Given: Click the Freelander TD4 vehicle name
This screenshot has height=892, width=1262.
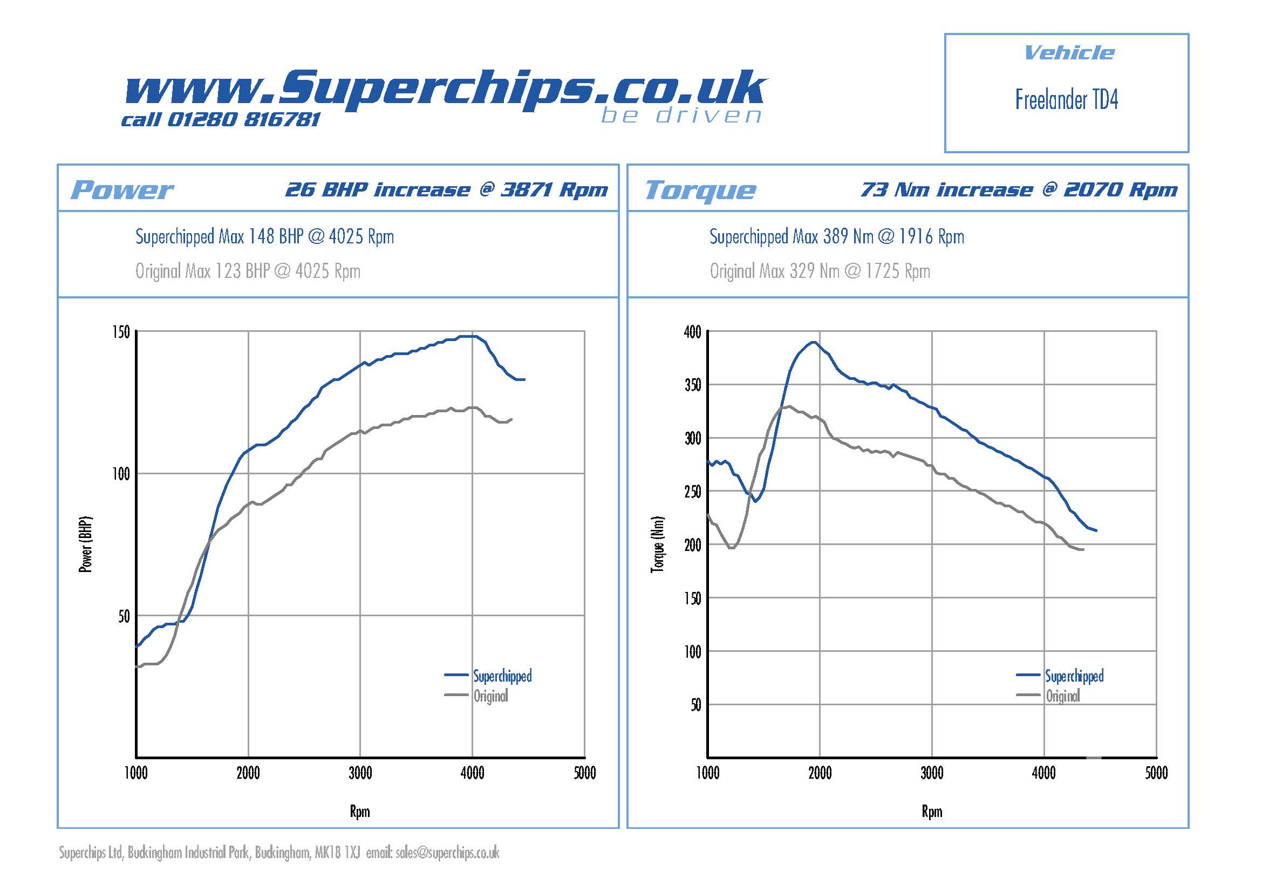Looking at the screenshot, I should pyautogui.click(x=1066, y=100).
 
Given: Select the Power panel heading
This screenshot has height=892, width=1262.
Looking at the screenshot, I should pyautogui.click(x=122, y=190).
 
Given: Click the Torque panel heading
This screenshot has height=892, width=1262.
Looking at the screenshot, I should pyautogui.click(x=700, y=190).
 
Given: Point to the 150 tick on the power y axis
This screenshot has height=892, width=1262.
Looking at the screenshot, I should pyautogui.click(x=121, y=332).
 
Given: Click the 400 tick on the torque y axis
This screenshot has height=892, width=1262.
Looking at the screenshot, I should pyautogui.click(x=693, y=332).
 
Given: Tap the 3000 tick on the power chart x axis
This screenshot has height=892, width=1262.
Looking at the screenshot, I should pyautogui.click(x=360, y=773).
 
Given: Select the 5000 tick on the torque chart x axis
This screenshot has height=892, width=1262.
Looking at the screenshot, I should pyautogui.click(x=1156, y=773).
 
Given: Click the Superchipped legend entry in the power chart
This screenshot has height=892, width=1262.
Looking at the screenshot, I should pyautogui.click(x=502, y=676).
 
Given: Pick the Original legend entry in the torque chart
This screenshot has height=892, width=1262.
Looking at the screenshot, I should pyautogui.click(x=1062, y=696).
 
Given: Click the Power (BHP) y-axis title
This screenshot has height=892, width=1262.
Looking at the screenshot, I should pyautogui.click(x=86, y=544).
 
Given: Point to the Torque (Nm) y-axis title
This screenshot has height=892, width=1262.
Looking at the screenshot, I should pyautogui.click(x=657, y=544).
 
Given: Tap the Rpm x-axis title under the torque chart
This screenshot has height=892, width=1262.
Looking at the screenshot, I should pyautogui.click(x=932, y=812).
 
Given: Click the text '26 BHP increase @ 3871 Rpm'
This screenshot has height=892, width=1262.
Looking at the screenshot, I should pyautogui.click(x=446, y=190).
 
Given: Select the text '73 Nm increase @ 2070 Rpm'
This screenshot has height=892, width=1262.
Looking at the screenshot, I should pyautogui.click(x=1019, y=190).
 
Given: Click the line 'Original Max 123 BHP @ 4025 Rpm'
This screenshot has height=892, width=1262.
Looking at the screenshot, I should pyautogui.click(x=248, y=271).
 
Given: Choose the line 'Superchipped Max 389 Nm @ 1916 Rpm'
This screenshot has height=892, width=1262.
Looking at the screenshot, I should pyautogui.click(x=837, y=237).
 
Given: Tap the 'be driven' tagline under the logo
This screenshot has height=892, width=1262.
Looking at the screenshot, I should pyautogui.click(x=681, y=115).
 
